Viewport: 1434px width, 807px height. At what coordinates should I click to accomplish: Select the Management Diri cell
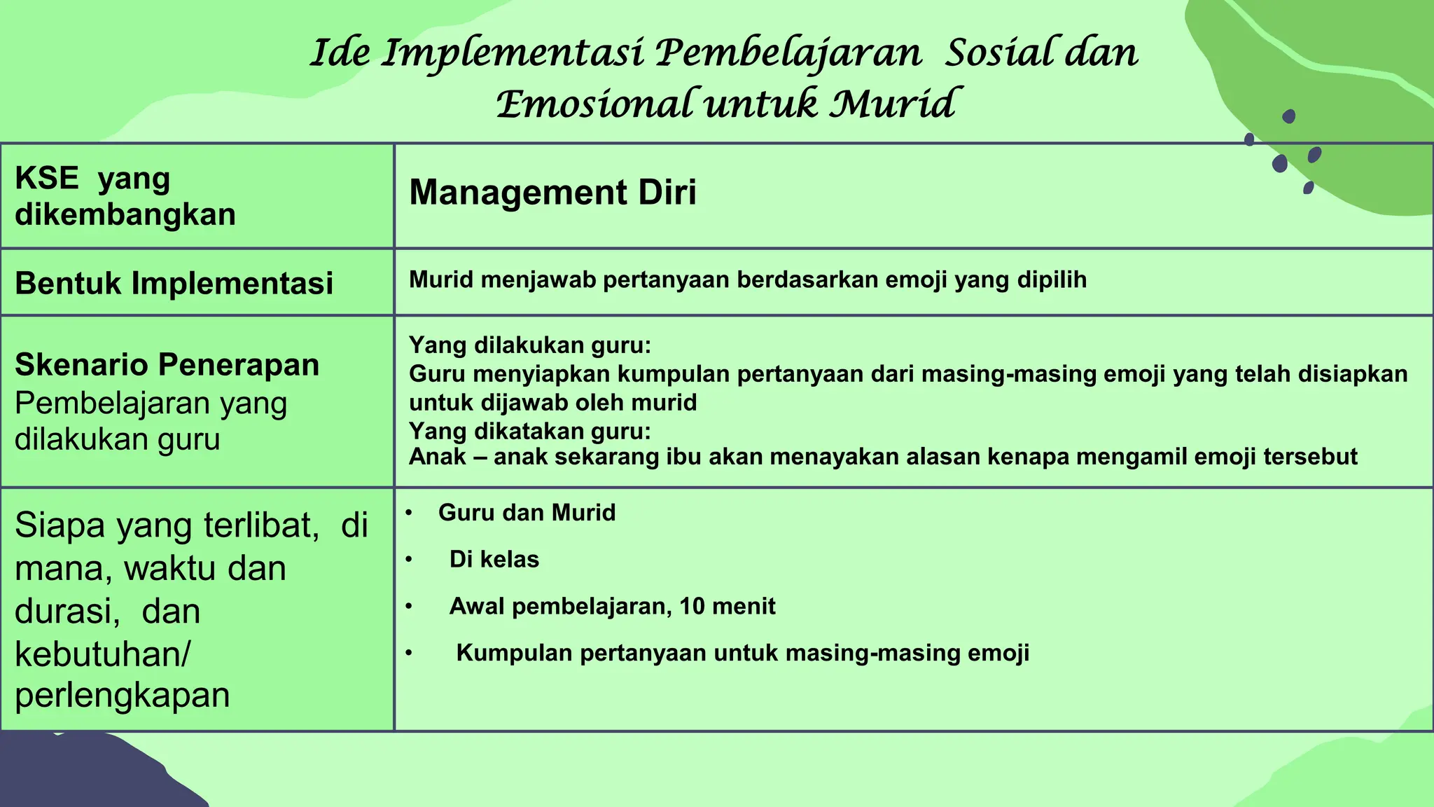(552, 193)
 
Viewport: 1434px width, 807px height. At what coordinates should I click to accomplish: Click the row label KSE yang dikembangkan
(125, 196)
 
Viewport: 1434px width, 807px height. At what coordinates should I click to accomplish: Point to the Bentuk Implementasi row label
(174, 284)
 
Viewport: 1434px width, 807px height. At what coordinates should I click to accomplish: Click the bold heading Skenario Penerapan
(167, 365)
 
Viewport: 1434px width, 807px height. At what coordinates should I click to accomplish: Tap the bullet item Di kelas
(494, 560)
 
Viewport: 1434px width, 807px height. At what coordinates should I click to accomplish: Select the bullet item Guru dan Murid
(527, 513)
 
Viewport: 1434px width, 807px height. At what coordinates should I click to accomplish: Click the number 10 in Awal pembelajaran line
(692, 606)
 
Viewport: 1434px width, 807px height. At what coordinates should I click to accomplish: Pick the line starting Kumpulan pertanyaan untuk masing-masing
(742, 653)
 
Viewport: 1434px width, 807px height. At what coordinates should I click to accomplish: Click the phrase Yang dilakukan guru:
(529, 345)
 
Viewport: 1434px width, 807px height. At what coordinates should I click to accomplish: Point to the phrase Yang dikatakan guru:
(529, 431)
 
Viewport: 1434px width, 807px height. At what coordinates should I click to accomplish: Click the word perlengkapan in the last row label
(122, 696)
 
